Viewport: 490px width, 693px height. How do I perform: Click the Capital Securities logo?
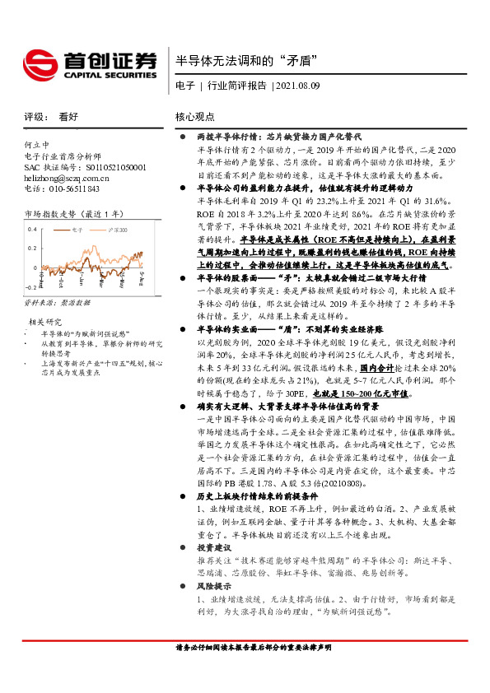[89, 63]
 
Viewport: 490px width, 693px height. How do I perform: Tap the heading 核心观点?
[195, 117]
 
